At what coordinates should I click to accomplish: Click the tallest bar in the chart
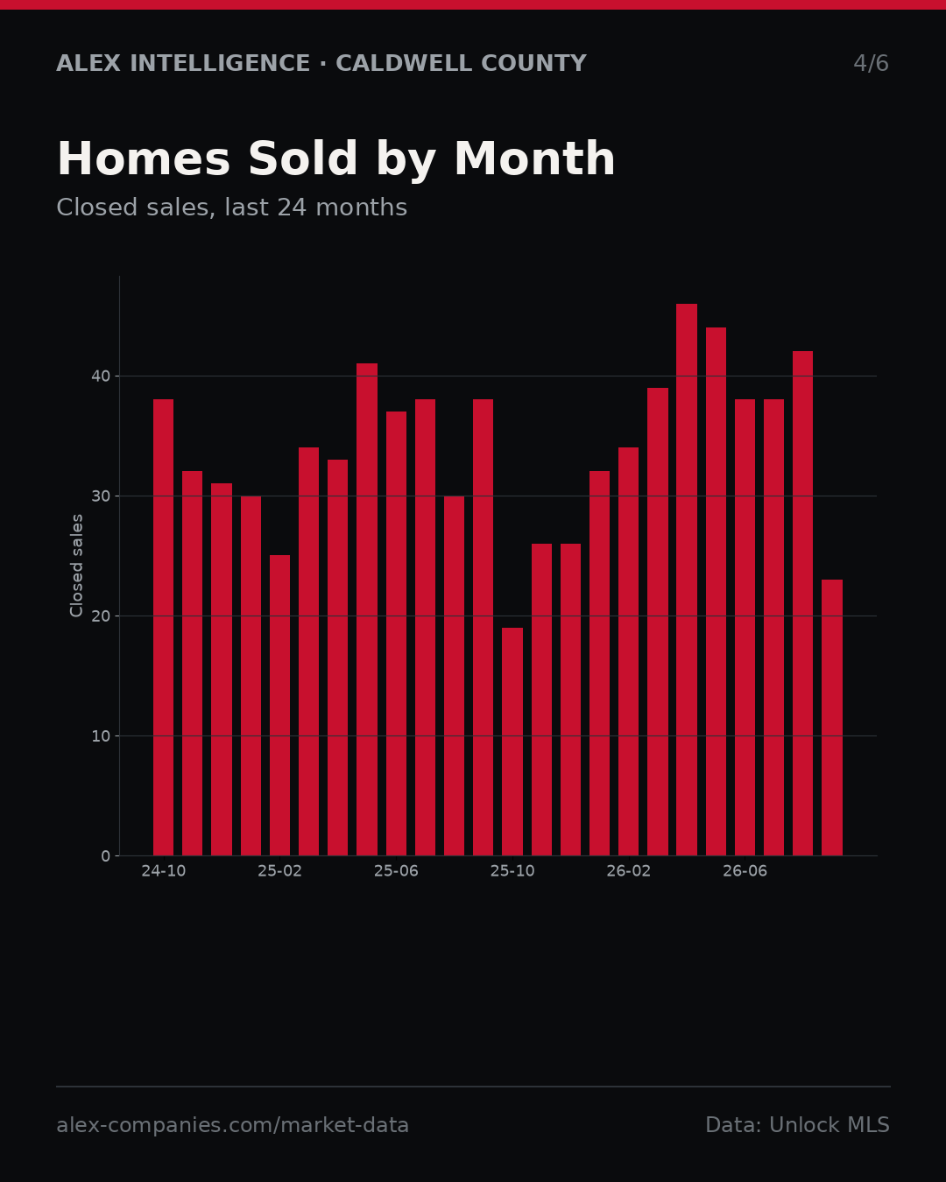[x=687, y=580]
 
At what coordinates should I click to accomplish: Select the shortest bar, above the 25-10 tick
[x=512, y=742]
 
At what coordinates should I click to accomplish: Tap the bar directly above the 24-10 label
[x=163, y=627]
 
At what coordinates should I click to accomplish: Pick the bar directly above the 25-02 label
[x=279, y=705]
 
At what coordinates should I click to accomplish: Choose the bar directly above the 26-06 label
[x=745, y=627]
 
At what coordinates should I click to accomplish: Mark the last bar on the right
[x=832, y=717]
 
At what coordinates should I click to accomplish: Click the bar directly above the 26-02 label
[x=628, y=651]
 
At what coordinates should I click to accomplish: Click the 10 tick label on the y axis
[x=101, y=736]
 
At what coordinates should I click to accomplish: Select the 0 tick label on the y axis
[x=106, y=856]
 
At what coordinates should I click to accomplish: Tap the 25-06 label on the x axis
[x=396, y=871]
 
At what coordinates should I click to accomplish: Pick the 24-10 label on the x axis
[x=163, y=871]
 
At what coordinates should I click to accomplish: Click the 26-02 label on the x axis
[x=628, y=871]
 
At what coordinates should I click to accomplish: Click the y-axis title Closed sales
[x=76, y=566]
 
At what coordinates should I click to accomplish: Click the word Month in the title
[x=534, y=158]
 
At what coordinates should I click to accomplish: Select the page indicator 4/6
[x=872, y=63]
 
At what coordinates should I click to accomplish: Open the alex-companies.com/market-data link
[x=232, y=1125]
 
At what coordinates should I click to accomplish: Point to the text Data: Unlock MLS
[x=798, y=1125]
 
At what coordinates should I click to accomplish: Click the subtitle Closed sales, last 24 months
[x=231, y=208]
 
